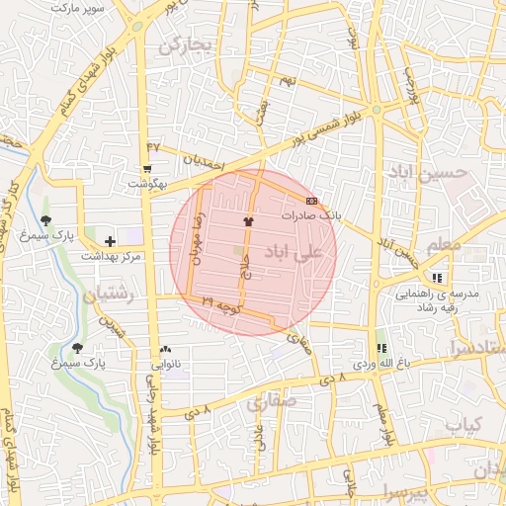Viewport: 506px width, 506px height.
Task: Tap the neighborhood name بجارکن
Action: [x=186, y=44]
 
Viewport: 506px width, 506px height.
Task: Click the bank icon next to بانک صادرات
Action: [x=312, y=201]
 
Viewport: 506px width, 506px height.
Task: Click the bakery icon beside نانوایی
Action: [x=165, y=349]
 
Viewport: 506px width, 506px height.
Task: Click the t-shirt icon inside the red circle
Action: [x=248, y=222]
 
